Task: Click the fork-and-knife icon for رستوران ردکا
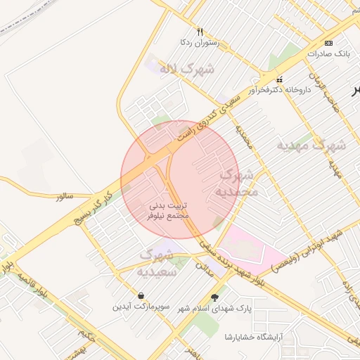coord(200,32)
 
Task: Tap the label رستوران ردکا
coord(200,43)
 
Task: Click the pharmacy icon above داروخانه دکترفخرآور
coord(280,79)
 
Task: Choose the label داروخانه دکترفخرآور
coord(279,90)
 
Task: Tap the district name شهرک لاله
coord(187,69)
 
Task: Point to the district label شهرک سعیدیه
coord(156,262)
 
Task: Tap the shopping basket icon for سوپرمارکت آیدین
coord(143,296)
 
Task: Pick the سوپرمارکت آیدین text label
coord(141,307)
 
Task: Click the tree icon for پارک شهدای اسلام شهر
coord(215,297)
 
